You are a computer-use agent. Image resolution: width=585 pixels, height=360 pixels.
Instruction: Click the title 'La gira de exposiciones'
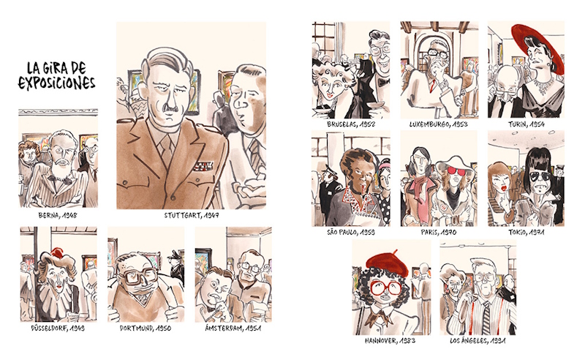click(57, 76)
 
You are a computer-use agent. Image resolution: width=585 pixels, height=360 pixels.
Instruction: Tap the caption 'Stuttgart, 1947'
click(192, 215)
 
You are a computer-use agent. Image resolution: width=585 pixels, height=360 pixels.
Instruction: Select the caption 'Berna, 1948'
click(58, 215)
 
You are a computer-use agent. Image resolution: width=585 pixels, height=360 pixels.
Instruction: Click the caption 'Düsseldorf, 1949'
click(58, 329)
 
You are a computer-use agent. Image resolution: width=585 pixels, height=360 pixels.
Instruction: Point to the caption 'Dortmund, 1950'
click(146, 329)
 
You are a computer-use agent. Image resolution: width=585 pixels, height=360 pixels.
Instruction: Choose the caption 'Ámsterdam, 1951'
click(233, 329)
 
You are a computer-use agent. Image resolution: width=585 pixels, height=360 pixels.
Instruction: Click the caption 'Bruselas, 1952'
click(351, 124)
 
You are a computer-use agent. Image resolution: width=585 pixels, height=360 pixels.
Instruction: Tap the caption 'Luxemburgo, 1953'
click(439, 124)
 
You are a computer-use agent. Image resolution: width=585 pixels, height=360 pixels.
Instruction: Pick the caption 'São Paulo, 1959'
click(351, 232)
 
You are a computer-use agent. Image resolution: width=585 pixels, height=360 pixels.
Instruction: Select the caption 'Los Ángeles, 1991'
click(478, 340)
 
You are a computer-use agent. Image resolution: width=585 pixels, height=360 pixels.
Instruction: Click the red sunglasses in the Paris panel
click(457, 171)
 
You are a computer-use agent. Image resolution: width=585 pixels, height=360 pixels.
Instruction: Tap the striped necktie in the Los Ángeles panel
click(486, 318)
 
